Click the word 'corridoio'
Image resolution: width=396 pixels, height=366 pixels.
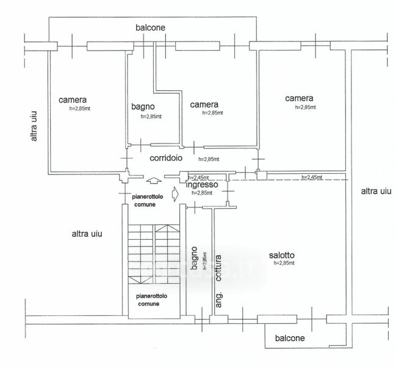click(167, 157)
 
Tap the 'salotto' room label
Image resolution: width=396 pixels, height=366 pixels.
click(282, 255)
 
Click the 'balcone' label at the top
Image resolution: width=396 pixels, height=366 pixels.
click(151, 28)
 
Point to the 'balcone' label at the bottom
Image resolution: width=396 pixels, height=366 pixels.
click(290, 338)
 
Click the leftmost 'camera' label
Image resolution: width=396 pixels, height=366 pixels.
click(73, 100)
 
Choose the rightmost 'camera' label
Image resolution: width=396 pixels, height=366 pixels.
click(299, 98)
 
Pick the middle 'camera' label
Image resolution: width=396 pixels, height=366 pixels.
click(204, 104)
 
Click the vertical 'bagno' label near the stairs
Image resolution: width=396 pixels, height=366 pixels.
click(194, 257)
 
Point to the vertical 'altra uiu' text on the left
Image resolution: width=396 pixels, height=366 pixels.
click(35, 126)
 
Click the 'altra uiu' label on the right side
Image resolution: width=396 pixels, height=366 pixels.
click(375, 192)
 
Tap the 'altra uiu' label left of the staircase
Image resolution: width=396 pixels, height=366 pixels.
click(87, 233)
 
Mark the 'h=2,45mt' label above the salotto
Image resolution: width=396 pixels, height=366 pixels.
click(312, 178)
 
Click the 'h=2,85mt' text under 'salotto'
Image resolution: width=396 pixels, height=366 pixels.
click(284, 264)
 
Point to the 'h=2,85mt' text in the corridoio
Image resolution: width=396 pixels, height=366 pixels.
click(208, 159)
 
